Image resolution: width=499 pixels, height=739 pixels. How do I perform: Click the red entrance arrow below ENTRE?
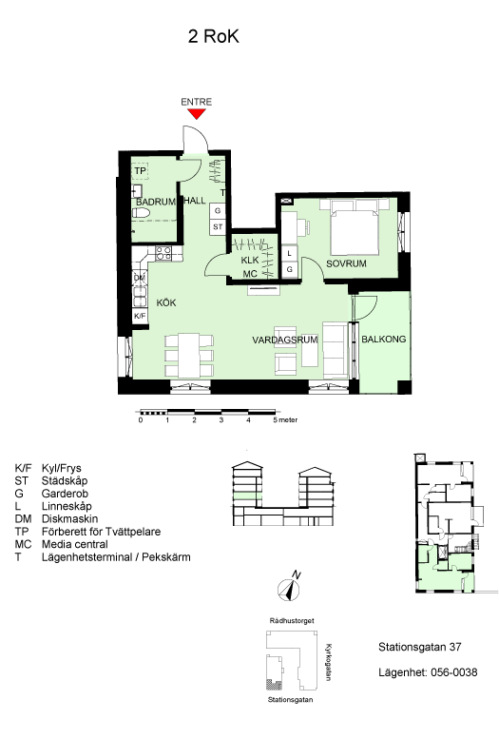click(x=197, y=113)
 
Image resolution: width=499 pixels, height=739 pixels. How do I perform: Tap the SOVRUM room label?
click(x=346, y=264)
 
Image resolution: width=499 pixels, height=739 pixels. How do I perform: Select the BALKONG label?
click(x=384, y=340)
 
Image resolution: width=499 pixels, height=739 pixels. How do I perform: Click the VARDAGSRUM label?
click(x=285, y=340)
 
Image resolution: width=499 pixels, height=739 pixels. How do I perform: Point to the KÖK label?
click(x=166, y=302)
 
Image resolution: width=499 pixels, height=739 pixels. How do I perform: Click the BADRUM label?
click(x=156, y=202)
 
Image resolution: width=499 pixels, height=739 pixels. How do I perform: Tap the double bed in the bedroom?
click(x=355, y=227)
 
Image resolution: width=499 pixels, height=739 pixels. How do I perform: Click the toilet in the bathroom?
click(x=141, y=213)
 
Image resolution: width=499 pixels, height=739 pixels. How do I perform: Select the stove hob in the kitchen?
click(x=163, y=253)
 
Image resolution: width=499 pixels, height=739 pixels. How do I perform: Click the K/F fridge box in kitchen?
click(x=140, y=316)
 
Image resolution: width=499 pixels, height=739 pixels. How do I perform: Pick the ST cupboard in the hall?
click(x=218, y=226)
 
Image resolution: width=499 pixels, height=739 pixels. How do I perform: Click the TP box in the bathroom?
click(x=140, y=170)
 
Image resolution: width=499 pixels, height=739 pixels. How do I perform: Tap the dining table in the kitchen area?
click(x=189, y=356)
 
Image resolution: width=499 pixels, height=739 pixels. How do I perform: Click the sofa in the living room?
click(x=335, y=350)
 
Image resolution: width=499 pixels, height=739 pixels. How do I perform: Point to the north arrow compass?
click(x=289, y=588)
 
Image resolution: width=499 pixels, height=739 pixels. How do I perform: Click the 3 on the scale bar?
click(x=221, y=420)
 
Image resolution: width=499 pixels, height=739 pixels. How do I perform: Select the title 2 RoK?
click(x=214, y=36)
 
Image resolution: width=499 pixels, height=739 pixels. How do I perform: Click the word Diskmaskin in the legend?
click(x=69, y=519)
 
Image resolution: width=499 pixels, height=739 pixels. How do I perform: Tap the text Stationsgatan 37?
click(x=420, y=647)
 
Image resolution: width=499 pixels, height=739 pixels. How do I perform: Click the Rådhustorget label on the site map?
click(x=292, y=621)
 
